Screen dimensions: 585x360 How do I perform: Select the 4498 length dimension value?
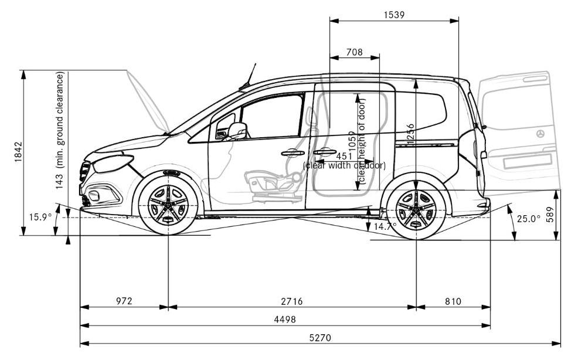coord(284,320)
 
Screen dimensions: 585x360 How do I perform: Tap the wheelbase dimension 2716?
coord(291,301)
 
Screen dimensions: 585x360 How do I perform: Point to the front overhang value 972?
coord(124,301)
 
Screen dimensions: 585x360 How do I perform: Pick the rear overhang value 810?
coord(453,301)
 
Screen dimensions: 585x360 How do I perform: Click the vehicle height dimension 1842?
coord(18,152)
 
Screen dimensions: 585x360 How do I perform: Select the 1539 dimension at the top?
coord(394,15)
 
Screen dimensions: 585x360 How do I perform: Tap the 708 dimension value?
coord(354,52)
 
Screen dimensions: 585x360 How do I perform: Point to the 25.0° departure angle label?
coord(528,219)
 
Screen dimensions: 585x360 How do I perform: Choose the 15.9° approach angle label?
coord(40,217)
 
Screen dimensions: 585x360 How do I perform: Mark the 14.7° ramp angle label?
coord(385,226)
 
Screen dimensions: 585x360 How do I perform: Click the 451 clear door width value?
coord(343,157)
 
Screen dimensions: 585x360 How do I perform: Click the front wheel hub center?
coord(168,205)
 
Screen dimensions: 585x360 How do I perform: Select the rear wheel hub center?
coord(416,209)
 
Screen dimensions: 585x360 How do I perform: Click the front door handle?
coord(292,153)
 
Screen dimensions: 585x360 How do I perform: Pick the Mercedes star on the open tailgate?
coord(539,134)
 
